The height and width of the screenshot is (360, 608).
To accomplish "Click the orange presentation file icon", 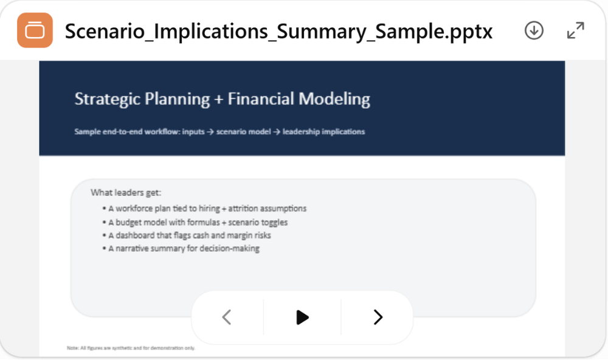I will point(35,30).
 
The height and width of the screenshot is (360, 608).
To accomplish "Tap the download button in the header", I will point(534,30).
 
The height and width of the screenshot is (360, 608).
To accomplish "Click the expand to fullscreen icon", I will point(575,30).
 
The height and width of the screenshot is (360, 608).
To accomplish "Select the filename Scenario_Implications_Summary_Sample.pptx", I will point(278,30).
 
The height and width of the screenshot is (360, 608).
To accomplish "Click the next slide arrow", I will point(378,317).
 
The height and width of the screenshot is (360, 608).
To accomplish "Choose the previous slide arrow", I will point(227,317).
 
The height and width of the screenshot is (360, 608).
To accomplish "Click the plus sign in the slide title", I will point(219,99).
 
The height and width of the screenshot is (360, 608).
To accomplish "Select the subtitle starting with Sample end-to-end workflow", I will point(219,131).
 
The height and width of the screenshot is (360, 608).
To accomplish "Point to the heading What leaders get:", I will point(126,193).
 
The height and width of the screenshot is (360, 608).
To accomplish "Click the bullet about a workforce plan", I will point(207,209).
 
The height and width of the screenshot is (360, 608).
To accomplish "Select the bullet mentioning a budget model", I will point(198,223).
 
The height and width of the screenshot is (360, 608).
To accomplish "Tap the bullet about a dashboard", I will point(189,235).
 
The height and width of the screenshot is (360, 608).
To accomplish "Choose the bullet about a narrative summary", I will point(184,249).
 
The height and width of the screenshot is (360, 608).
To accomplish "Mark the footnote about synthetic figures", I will point(131,348).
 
